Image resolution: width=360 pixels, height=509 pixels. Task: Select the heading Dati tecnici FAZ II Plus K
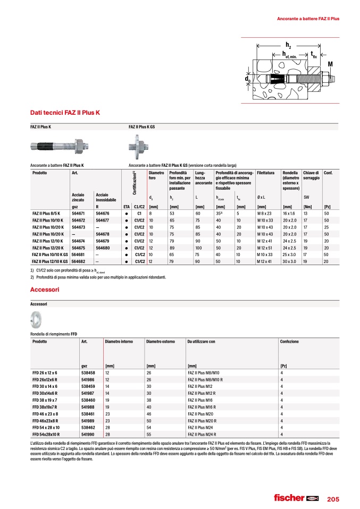click(x=65, y=113)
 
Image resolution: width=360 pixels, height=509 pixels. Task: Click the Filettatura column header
click(x=266, y=173)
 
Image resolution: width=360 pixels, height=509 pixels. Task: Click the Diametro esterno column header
click(x=161, y=342)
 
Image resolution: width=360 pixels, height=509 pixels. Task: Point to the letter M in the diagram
click(x=330, y=64)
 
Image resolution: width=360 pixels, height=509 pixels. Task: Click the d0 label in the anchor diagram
click(x=248, y=79)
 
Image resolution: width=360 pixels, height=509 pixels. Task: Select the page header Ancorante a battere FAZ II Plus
click(x=308, y=19)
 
